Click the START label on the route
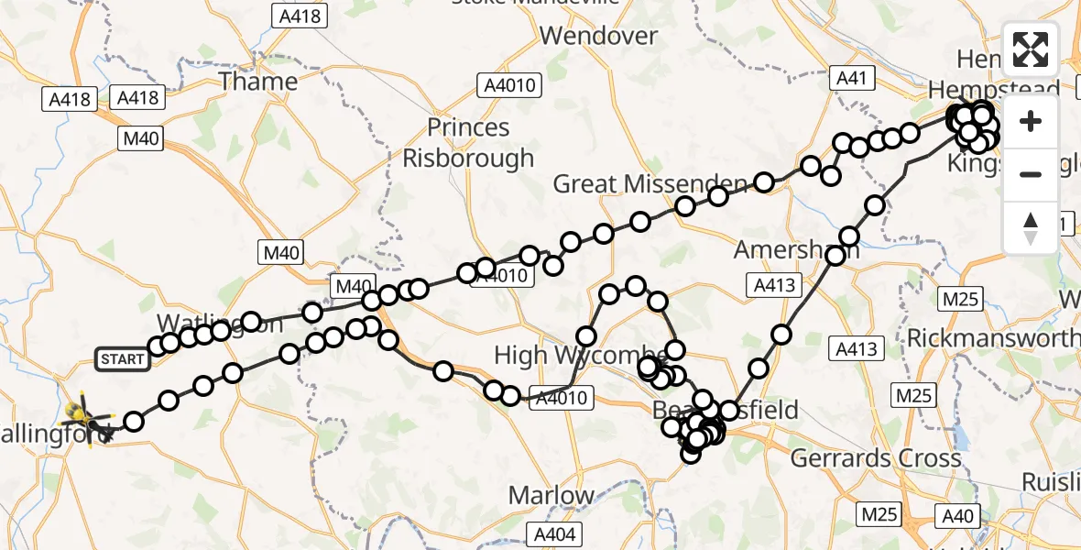point(123,358)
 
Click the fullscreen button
point(1031,49)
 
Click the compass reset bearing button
point(1031,228)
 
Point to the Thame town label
point(258,82)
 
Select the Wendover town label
point(599,37)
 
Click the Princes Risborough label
point(468,143)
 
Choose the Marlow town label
point(551,496)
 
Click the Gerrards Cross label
point(875,458)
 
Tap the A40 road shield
point(957,516)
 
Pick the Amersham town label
point(797,250)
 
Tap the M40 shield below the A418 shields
point(140,138)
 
